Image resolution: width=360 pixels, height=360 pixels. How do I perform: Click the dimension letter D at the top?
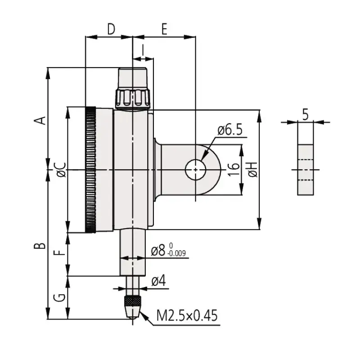click(x=111, y=29)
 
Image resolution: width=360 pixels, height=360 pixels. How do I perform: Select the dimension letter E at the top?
click(x=164, y=29)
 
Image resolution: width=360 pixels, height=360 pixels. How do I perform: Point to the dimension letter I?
click(x=143, y=50)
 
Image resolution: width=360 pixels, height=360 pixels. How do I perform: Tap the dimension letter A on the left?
click(x=40, y=121)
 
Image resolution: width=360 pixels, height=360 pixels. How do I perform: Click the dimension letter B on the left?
click(x=40, y=245)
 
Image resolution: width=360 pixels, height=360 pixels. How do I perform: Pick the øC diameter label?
click(x=62, y=170)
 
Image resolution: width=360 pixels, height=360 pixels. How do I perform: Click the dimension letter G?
click(x=59, y=297)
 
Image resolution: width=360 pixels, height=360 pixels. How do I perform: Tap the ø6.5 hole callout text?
click(x=230, y=130)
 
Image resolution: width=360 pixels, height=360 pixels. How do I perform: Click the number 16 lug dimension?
click(x=234, y=170)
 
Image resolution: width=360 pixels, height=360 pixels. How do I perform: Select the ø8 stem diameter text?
click(x=158, y=251)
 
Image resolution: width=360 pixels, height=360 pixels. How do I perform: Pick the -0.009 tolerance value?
click(x=176, y=253)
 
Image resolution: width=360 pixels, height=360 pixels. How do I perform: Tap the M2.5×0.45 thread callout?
click(x=187, y=315)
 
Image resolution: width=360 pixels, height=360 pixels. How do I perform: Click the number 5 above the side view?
click(x=306, y=115)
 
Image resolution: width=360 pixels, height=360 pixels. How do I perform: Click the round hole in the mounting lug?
click(x=195, y=170)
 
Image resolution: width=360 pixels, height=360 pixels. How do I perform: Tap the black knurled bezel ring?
click(x=90, y=170)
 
